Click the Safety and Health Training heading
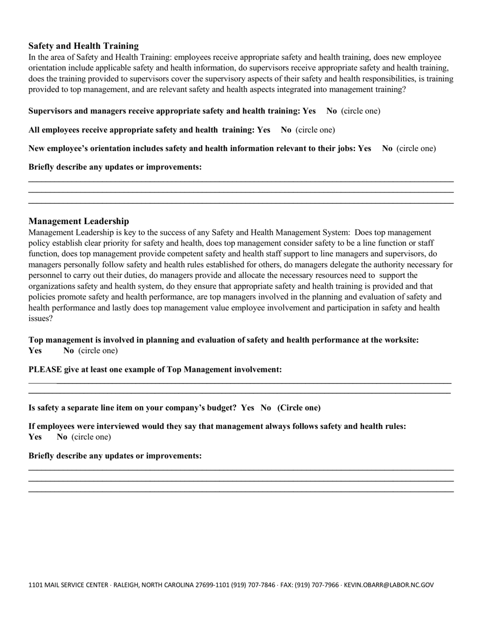83,46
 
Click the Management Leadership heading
79,221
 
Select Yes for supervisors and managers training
309,111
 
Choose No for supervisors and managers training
331,111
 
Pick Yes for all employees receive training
263,130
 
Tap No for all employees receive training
286,130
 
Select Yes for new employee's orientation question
365,148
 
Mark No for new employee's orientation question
387,148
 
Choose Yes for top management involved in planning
35,351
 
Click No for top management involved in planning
69,351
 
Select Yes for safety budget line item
248,408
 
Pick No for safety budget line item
266,408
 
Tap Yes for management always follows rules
35,437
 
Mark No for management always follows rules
62,437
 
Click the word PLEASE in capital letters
45,369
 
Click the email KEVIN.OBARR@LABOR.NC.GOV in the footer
389,585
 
